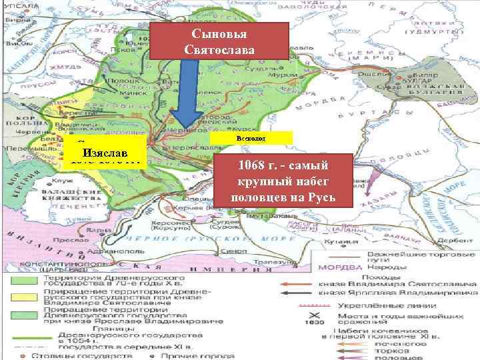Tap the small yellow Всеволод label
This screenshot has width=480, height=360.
point(251,138)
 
